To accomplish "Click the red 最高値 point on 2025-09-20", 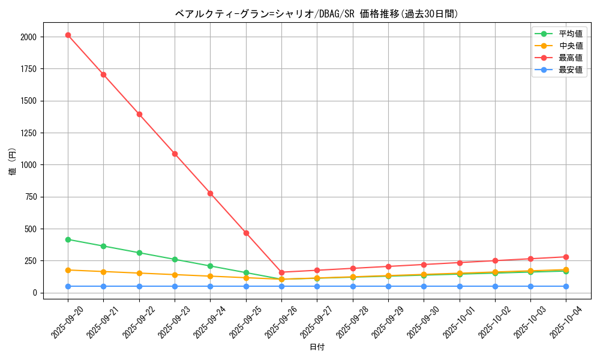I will pos(68,35).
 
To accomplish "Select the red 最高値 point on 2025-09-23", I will pos(175,154).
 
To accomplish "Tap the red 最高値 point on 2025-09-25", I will pos(246,233).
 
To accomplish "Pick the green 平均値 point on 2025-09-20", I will pos(68,239).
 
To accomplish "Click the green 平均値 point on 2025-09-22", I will pos(139,253).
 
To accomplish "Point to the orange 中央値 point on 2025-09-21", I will pos(103,272).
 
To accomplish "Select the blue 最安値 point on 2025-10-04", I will pos(566,286).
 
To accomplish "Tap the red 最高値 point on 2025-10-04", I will pos(566,257).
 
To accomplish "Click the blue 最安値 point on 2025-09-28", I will pos(353,286).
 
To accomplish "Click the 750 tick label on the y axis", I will pos(30,197).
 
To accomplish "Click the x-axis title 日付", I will pos(317,347).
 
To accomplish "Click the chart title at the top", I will pos(317,14).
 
